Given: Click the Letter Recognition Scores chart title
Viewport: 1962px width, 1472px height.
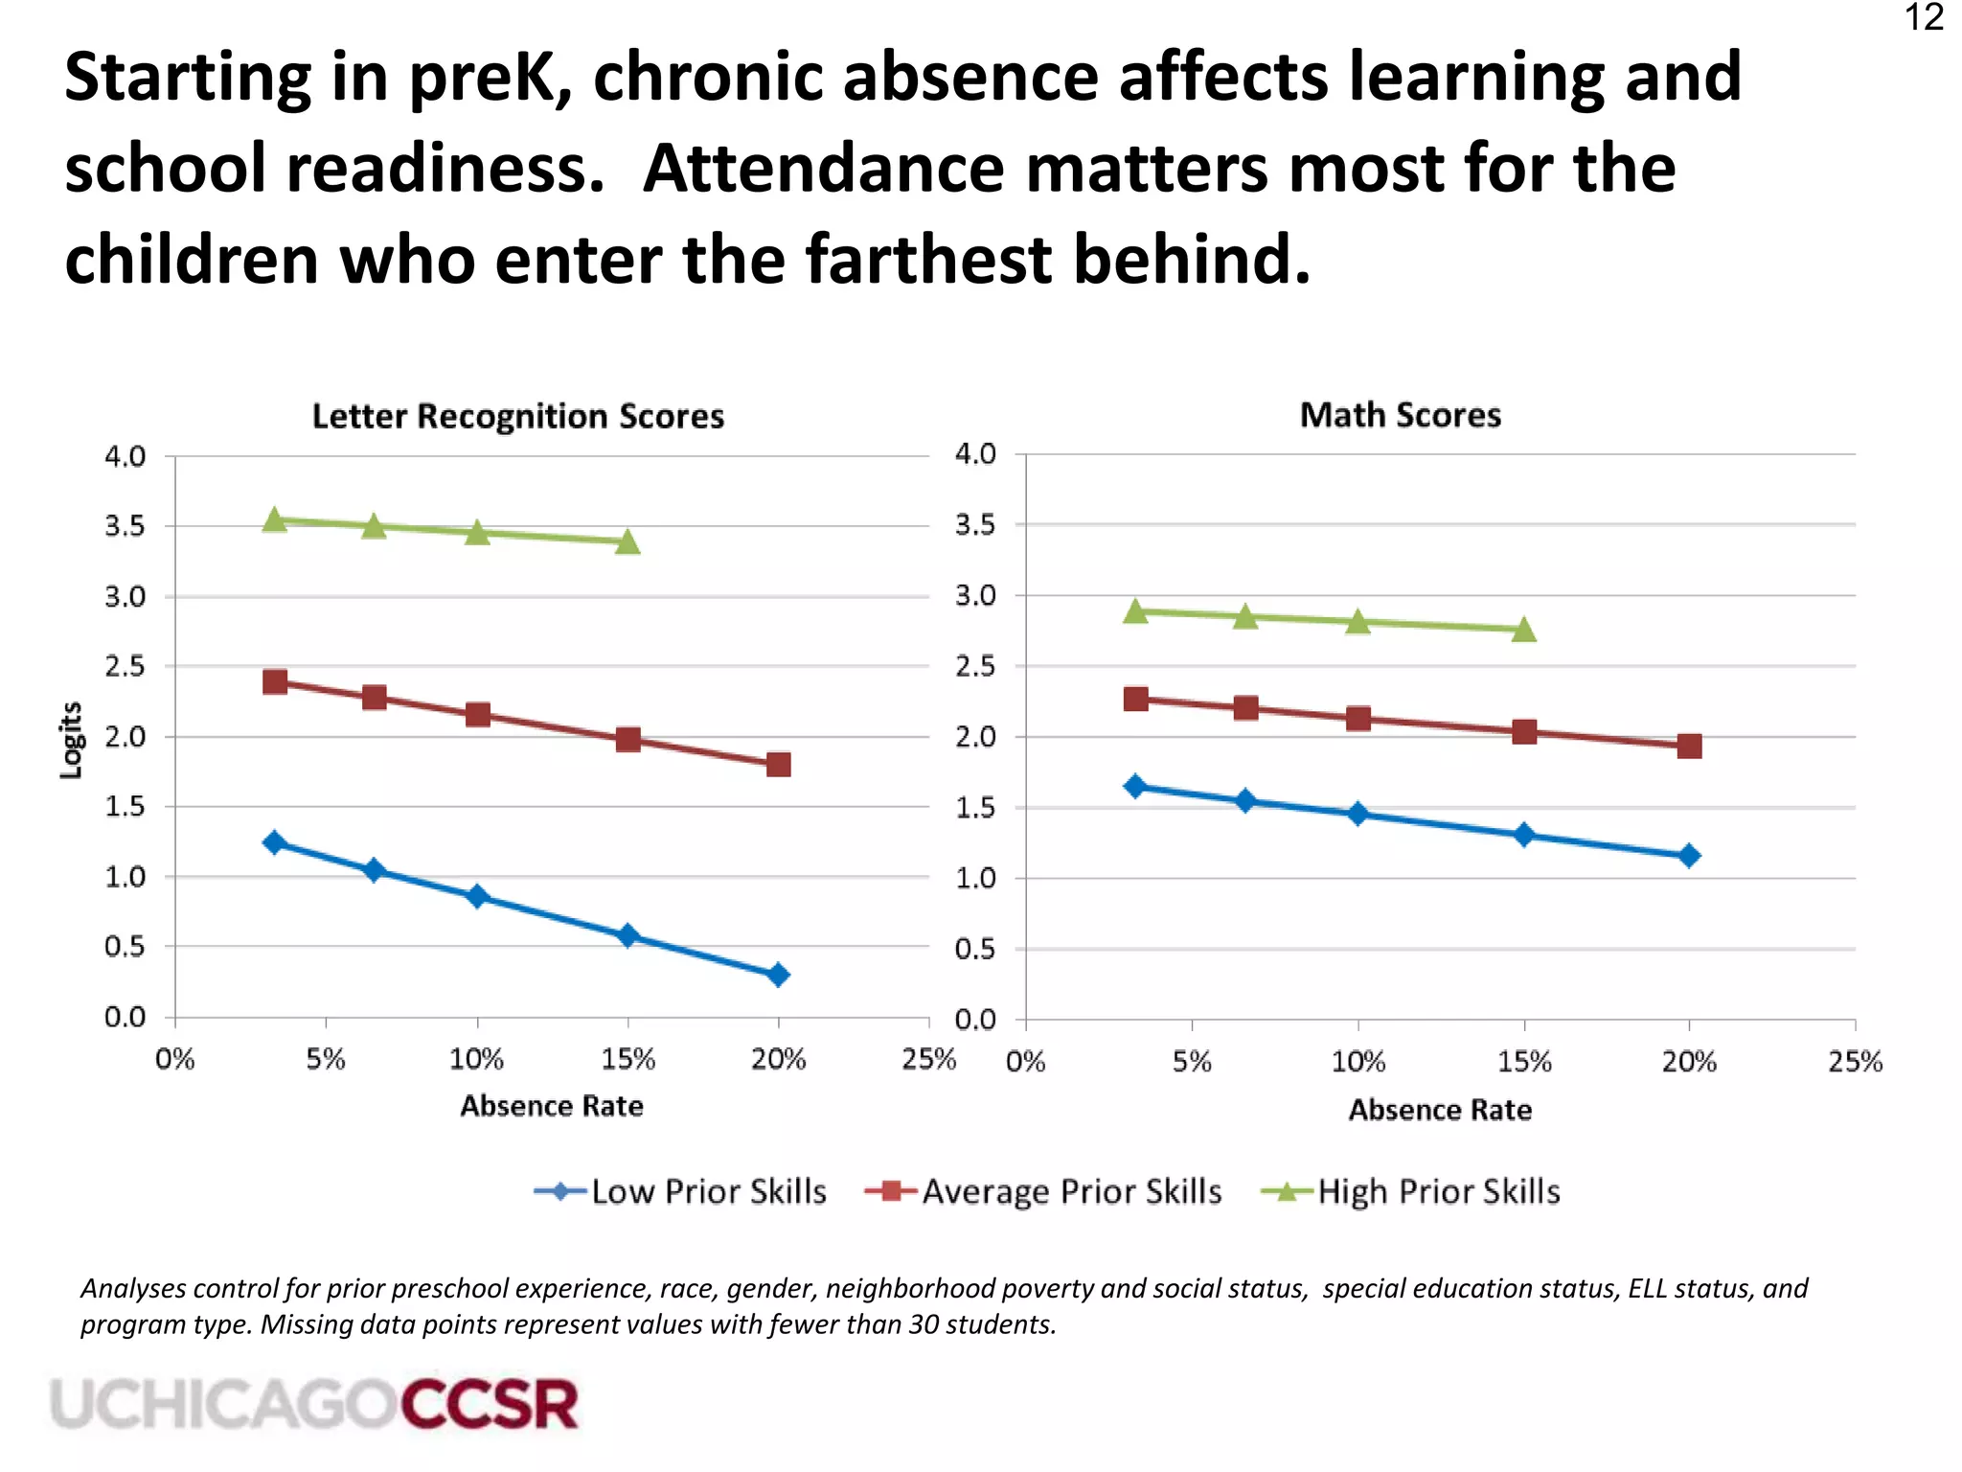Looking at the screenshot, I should coord(517,416).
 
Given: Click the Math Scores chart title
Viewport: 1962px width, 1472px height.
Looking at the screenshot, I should coord(1400,415).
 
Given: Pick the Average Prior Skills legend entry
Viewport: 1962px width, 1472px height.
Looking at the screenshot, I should coord(1043,1191).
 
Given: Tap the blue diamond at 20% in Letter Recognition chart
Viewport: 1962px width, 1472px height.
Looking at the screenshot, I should coord(778,975).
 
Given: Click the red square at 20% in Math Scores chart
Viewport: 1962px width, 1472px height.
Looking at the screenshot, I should coord(1689,746).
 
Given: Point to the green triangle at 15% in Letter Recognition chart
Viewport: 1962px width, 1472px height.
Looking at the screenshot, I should coord(627,541).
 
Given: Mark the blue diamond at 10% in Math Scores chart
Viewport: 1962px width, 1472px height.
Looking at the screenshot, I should coord(1357,814).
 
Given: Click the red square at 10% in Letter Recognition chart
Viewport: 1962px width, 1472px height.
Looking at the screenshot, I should coord(477,714).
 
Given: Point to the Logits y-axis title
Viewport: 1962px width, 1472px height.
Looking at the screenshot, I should coord(71,740).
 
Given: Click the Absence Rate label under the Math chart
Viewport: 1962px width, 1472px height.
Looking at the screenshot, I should coord(1440,1110).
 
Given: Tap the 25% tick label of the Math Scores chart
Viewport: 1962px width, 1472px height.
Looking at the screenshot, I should coord(1855,1062).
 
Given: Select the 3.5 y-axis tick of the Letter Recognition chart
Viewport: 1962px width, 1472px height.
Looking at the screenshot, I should coord(125,526).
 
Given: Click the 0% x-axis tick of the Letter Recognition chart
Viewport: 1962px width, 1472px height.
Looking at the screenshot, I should coord(175,1059).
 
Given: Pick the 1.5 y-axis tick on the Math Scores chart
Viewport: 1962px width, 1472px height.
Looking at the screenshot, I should coord(975,808).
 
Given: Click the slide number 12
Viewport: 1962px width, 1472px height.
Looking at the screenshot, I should coord(1924,18).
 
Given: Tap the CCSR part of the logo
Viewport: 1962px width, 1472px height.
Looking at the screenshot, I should coord(490,1405).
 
